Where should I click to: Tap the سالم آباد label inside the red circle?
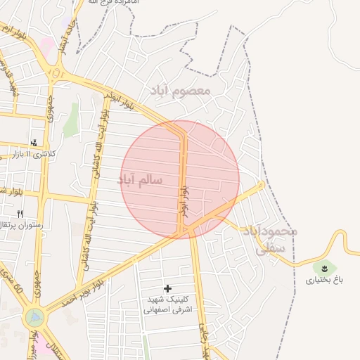coord(141,180)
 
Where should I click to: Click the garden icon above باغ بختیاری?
coord(324,267)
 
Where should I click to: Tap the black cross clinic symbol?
coord(167,288)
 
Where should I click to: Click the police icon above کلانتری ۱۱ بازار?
coord(34,143)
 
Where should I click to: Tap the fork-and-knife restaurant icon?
coord(20,214)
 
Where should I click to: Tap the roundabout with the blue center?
coord(33,317)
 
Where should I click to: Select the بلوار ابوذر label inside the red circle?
coord(184,200)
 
